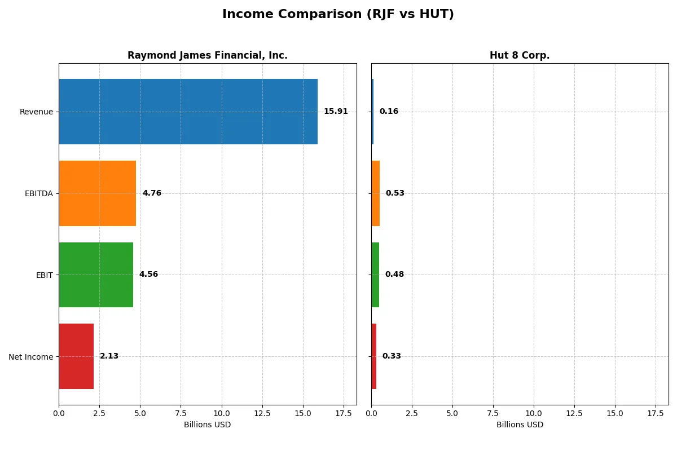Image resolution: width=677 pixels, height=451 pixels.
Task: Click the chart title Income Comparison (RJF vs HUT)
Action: click(x=338, y=15)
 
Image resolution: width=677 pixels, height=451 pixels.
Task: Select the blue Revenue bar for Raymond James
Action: click(x=188, y=112)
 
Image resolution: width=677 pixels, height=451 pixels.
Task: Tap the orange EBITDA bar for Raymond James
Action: click(x=97, y=193)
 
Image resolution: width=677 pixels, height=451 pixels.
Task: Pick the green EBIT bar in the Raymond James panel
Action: click(x=96, y=275)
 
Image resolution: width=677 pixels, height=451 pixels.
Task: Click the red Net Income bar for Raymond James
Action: click(x=76, y=356)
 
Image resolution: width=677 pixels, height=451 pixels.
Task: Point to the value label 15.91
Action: click(x=336, y=112)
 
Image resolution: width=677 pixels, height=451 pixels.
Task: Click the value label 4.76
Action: click(x=152, y=193)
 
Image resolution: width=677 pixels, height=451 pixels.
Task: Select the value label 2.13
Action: click(x=109, y=356)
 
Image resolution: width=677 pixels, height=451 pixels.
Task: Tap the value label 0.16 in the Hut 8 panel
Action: click(x=389, y=112)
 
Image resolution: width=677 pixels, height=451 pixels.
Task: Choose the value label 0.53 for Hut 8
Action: click(x=395, y=193)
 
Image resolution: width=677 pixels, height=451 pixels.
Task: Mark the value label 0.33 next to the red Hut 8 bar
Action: click(x=392, y=356)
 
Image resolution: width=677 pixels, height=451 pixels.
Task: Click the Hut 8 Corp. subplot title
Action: click(x=520, y=56)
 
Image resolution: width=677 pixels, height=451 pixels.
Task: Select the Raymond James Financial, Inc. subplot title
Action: click(x=208, y=56)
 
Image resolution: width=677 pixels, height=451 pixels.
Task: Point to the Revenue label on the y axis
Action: click(x=36, y=112)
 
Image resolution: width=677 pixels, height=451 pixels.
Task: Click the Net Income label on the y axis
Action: click(x=31, y=357)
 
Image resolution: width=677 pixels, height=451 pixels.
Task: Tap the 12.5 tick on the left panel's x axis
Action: click(x=262, y=413)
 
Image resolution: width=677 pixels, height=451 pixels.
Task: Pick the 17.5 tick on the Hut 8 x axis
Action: click(x=656, y=413)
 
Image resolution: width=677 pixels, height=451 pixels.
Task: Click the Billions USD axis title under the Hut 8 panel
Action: click(x=520, y=425)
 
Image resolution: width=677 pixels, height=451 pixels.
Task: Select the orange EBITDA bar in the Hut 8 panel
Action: click(x=376, y=193)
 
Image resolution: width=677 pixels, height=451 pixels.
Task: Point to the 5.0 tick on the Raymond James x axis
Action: click(x=140, y=413)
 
